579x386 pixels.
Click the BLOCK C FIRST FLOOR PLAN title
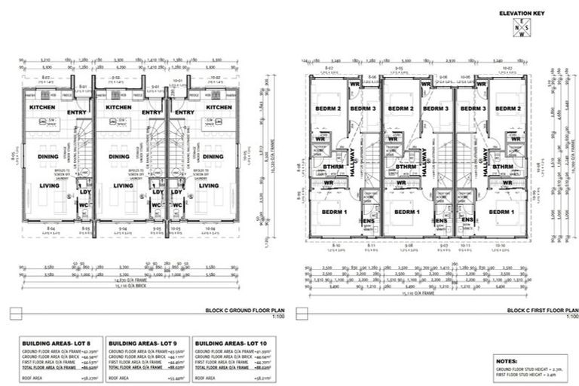pos(541,310)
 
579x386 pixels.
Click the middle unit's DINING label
pos(118,157)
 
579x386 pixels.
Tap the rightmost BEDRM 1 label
pos(501,212)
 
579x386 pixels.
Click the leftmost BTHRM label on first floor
pos(332,167)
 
